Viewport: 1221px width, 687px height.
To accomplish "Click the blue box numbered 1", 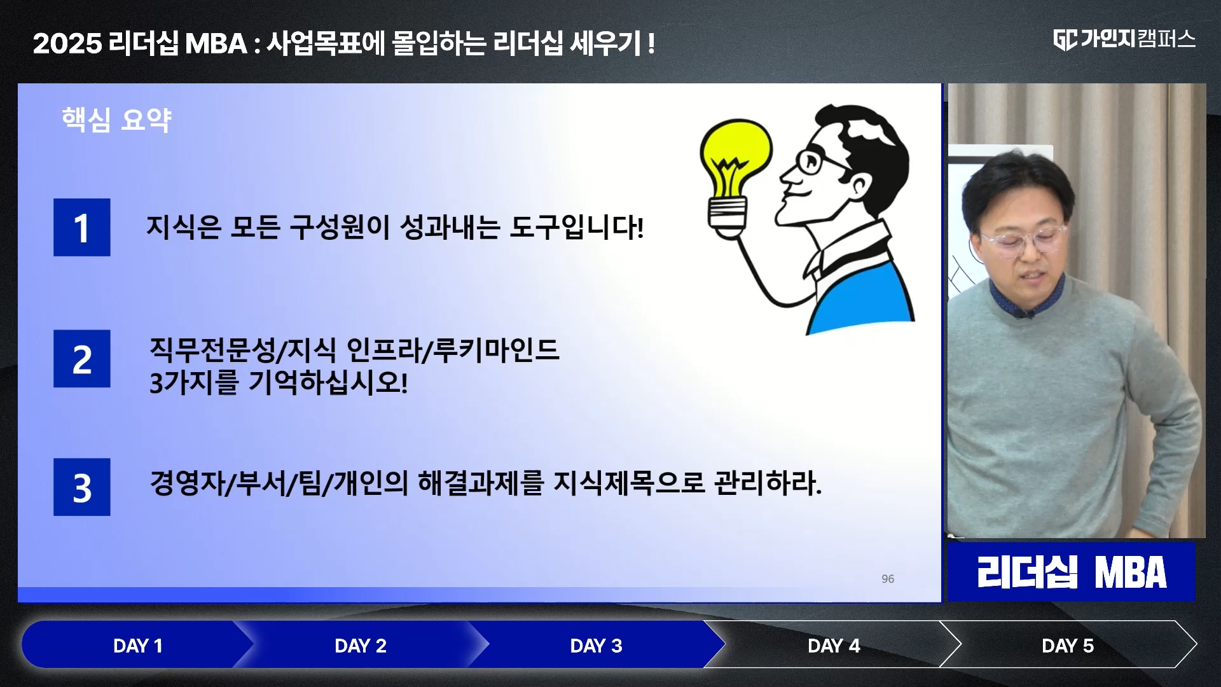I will (x=81, y=227).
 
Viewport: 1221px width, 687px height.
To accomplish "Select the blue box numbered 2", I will (x=81, y=359).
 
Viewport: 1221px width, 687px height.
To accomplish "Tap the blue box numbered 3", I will (x=81, y=487).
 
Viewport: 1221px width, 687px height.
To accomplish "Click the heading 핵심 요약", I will (x=116, y=120).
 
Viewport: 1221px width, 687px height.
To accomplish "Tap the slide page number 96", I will (x=888, y=579).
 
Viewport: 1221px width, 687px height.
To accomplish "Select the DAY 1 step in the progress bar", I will (x=137, y=646).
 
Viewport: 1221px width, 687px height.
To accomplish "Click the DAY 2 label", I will (x=360, y=646).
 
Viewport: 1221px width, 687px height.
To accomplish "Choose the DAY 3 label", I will (x=596, y=646).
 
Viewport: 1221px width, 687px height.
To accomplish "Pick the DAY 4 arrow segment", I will (x=833, y=646).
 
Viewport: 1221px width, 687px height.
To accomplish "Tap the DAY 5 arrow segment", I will (x=1067, y=646).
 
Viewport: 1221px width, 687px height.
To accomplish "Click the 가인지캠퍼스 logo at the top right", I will (x=1124, y=39).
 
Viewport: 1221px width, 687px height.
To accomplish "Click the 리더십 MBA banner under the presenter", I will (x=1072, y=572).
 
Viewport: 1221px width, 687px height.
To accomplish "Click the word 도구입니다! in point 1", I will (x=577, y=227).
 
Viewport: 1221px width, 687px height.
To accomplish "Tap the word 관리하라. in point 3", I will (x=768, y=483).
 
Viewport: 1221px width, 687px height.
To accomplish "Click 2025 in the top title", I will (x=67, y=44).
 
